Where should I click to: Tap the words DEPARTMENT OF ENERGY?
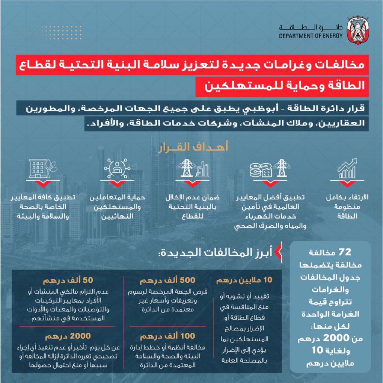click(310, 37)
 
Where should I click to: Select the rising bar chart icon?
click(347, 170)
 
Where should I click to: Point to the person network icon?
click(117, 169)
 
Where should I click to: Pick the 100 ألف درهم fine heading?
click(167, 337)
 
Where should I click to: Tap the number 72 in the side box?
click(345, 252)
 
